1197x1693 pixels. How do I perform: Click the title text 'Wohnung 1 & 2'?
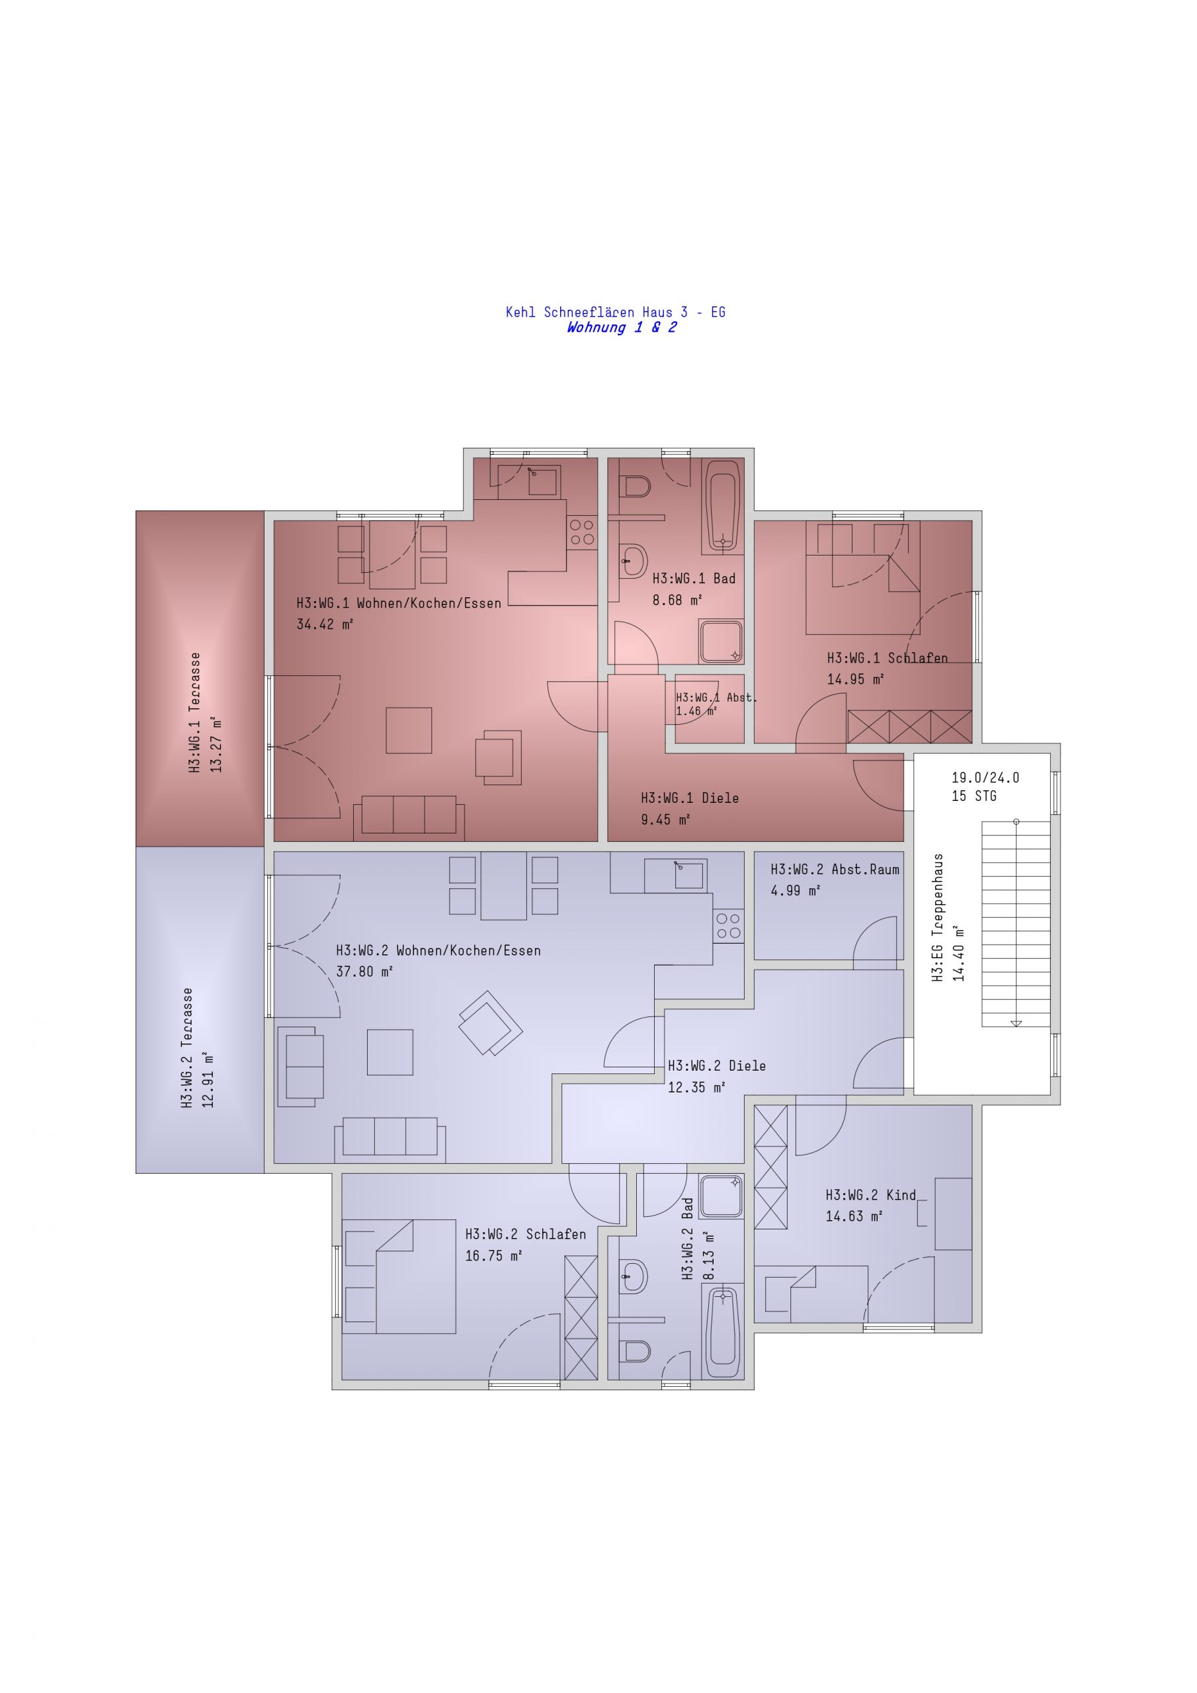(621, 327)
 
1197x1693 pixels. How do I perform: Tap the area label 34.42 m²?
(325, 624)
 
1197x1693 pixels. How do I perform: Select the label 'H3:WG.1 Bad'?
(694, 579)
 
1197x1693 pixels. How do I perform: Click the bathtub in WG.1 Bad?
(723, 506)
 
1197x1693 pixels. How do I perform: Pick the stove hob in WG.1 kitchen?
(582, 532)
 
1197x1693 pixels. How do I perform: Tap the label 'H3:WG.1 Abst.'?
(716, 697)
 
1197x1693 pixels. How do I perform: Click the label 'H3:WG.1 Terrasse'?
(194, 712)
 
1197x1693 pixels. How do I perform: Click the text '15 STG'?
(973, 796)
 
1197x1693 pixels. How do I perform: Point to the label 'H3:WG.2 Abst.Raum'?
(835, 870)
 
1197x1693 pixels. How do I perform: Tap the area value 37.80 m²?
(364, 972)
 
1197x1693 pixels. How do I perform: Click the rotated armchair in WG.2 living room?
(491, 1022)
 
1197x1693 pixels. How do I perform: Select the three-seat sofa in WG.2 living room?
(390, 1140)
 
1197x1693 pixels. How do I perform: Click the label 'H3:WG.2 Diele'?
(717, 1065)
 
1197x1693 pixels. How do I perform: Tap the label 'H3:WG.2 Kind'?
(870, 1195)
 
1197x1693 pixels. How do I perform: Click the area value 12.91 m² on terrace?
(209, 1080)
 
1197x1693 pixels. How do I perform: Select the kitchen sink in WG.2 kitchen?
(677, 875)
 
